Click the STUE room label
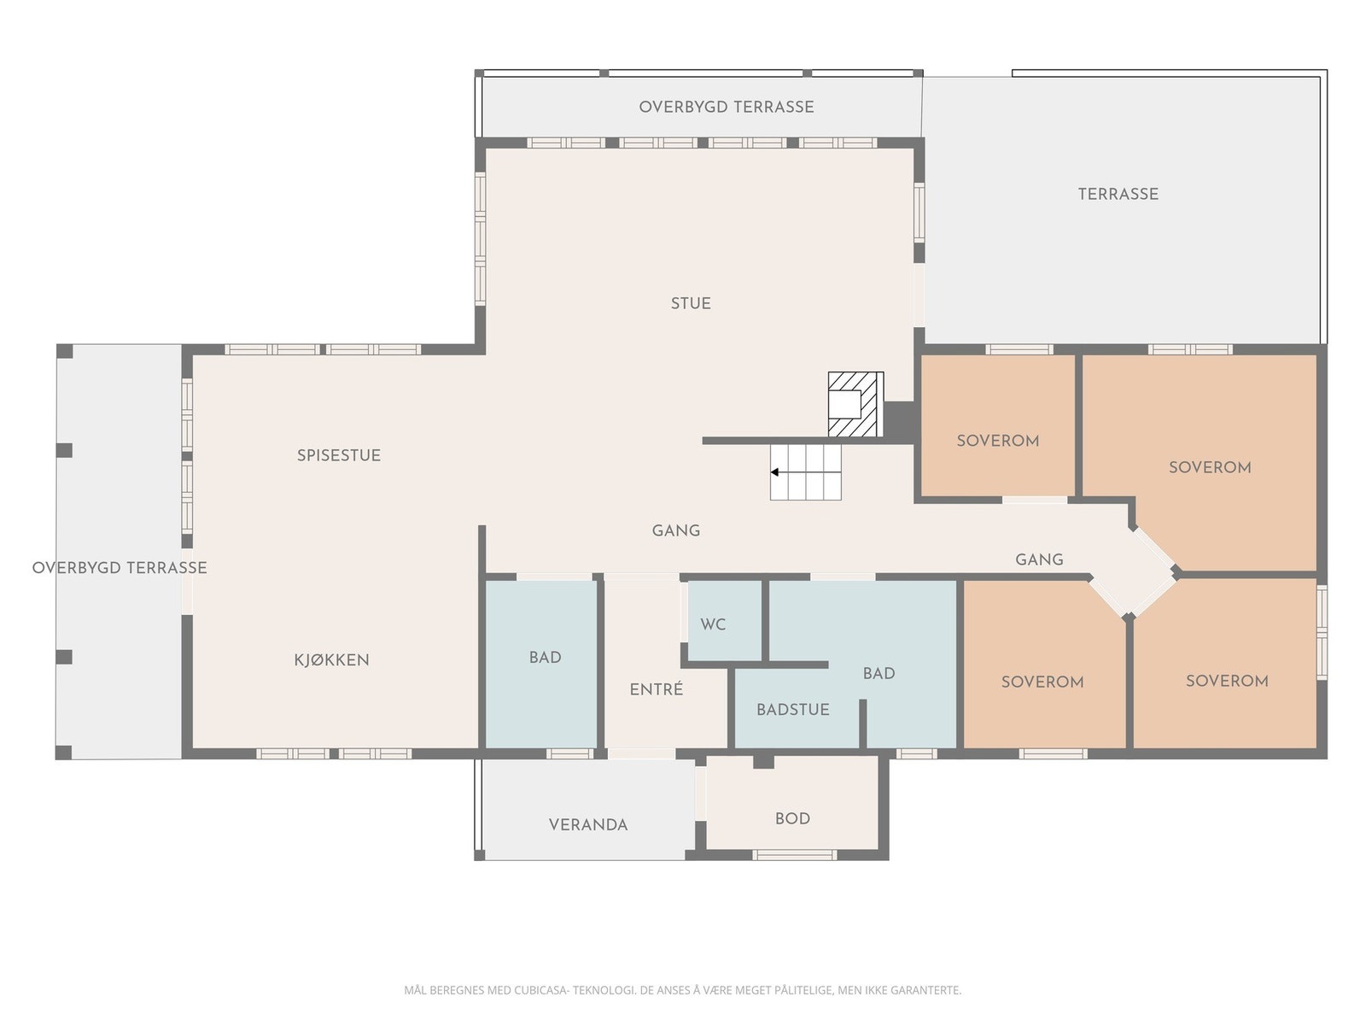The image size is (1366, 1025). [x=690, y=304]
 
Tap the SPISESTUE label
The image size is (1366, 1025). [x=339, y=455]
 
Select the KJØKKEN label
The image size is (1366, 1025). [x=332, y=659]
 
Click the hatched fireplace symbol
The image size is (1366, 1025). [x=855, y=405]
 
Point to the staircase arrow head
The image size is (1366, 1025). [x=774, y=472]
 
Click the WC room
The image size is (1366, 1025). [x=724, y=621]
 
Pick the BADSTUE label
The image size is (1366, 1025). [x=793, y=710]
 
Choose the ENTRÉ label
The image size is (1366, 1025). [x=657, y=689]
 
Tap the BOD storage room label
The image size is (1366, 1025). [x=792, y=819]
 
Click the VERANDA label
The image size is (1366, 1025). [x=588, y=825]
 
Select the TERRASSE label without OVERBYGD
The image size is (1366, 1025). [x=1118, y=194]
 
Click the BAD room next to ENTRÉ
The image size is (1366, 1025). [x=540, y=664]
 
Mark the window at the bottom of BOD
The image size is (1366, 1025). [x=794, y=855]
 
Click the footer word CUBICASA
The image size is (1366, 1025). [x=540, y=990]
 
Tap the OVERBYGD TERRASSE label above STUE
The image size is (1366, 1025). [x=727, y=107]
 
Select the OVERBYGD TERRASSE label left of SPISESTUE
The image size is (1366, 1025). [x=120, y=567]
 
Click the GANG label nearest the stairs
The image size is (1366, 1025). [x=676, y=530]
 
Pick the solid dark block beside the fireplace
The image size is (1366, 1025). [x=899, y=422]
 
